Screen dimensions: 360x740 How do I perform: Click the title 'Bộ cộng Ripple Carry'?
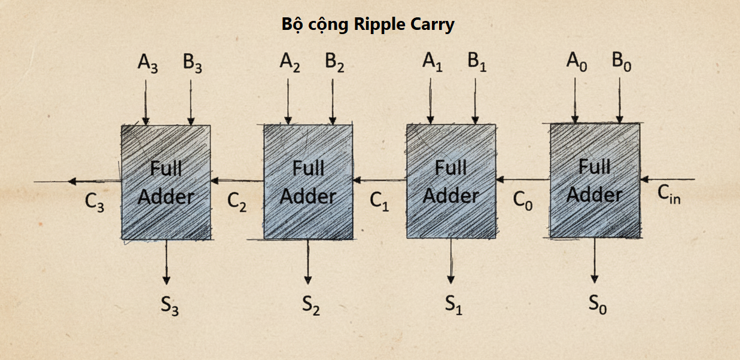[x=368, y=25]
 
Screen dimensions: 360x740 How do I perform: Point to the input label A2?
[x=290, y=62]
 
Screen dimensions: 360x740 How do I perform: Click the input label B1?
[x=477, y=62]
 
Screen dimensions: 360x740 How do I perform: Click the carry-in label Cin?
[x=669, y=194]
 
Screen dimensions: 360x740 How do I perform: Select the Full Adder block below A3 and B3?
[x=166, y=182]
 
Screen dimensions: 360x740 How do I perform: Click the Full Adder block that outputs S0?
[x=594, y=181]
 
